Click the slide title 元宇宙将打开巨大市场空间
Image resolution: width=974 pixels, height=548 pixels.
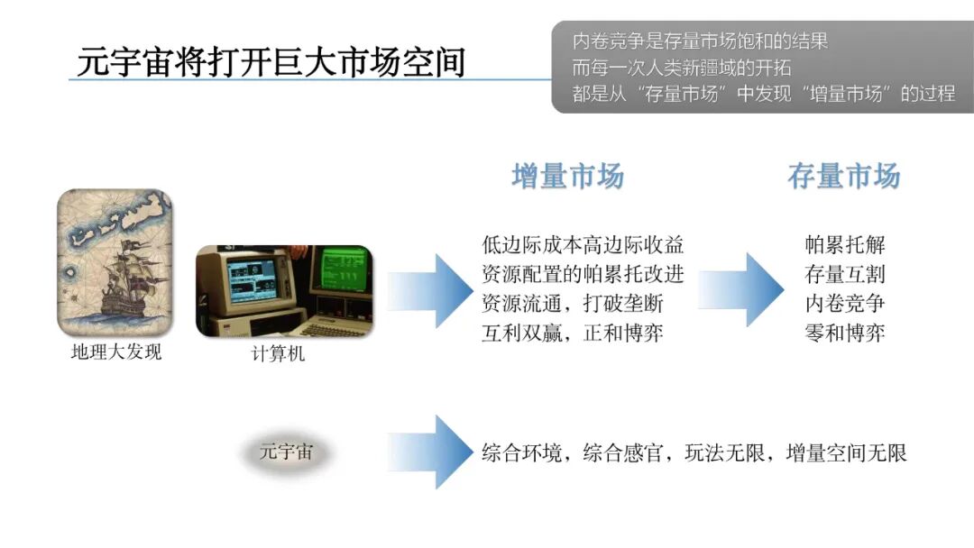271,62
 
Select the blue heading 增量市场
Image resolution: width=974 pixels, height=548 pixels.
567,177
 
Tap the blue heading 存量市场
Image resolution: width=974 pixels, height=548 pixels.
843,177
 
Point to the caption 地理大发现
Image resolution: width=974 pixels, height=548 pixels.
116,352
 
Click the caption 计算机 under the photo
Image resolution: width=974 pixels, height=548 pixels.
278,354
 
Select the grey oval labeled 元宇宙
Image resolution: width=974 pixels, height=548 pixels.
286,452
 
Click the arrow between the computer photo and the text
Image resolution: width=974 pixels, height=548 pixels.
433,290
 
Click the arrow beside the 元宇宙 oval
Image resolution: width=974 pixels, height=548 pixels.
433,452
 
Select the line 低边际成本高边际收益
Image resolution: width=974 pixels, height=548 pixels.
583,245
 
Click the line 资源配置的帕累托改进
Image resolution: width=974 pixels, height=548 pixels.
583,274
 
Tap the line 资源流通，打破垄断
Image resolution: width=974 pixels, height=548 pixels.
573,304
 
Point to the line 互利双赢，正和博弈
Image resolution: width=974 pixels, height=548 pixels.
573,333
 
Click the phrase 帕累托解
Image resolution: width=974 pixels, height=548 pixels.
845,245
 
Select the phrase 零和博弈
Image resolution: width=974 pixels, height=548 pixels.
845,333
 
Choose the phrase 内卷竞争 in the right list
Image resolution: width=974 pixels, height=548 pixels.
845,304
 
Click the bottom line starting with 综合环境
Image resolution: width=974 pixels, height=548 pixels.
694,452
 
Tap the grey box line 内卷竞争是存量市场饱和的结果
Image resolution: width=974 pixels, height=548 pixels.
700,41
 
